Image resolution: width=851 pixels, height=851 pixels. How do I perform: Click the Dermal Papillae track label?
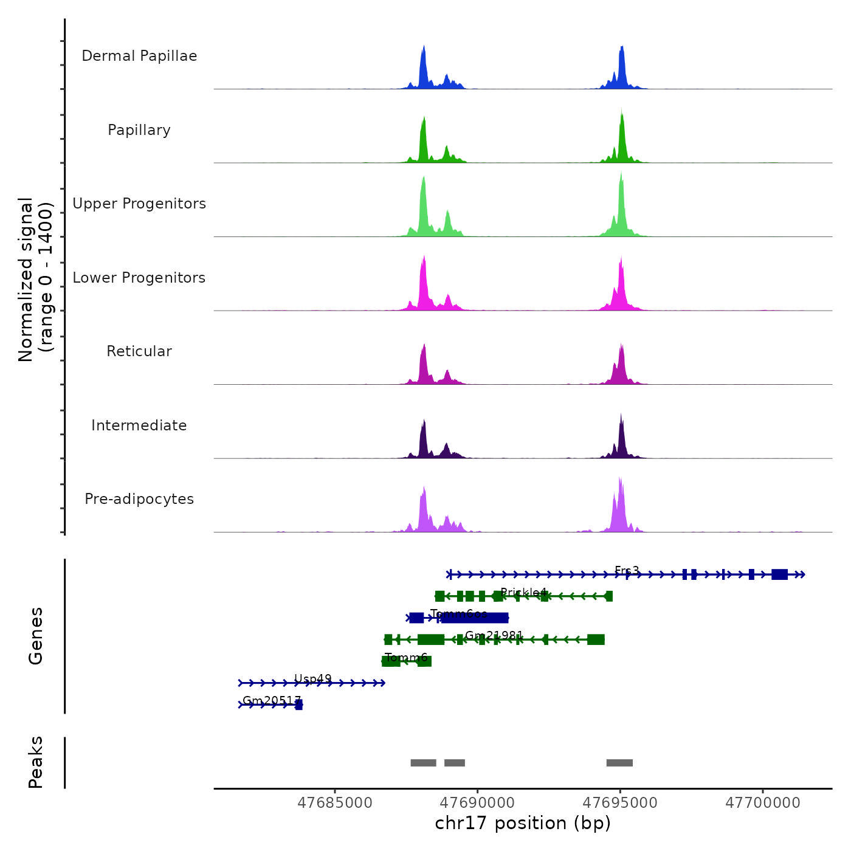tap(139, 56)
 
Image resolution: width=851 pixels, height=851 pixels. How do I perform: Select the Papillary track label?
tap(139, 130)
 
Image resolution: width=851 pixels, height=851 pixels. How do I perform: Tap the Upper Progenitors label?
tap(139, 204)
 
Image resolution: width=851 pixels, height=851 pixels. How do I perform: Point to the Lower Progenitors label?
tap(139, 278)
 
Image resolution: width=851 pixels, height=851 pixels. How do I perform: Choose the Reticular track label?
tap(139, 351)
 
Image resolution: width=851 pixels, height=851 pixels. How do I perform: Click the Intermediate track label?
tap(139, 425)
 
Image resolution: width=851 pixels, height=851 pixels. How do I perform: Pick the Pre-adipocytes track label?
tap(139, 499)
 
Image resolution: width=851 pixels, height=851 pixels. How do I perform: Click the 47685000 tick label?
tap(335, 803)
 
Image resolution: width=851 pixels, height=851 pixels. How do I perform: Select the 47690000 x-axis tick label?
tap(478, 803)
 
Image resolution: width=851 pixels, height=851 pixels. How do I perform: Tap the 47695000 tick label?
tap(620, 803)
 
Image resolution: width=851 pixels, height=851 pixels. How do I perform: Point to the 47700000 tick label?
tap(763, 803)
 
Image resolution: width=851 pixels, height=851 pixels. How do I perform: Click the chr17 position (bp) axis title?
tap(523, 823)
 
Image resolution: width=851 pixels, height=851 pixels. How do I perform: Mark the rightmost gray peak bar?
tap(619, 763)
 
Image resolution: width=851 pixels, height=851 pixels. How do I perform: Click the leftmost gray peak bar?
tap(423, 763)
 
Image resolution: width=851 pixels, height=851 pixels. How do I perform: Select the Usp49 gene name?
tap(313, 679)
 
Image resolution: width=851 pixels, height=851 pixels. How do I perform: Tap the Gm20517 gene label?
tap(272, 700)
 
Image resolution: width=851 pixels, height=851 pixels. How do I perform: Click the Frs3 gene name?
tap(627, 571)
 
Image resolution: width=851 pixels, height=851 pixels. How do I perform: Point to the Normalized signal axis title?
tap(35, 280)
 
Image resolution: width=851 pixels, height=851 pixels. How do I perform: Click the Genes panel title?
tap(36, 636)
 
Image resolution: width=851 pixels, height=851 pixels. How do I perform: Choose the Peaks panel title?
tap(36, 762)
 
